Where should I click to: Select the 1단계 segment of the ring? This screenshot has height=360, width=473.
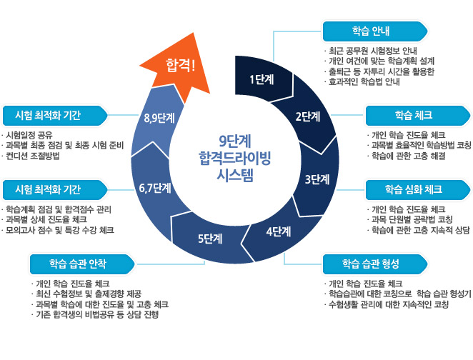[x=262, y=79]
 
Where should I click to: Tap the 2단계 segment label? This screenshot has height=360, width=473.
[x=307, y=116]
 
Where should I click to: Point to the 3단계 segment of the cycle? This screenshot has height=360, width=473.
[x=317, y=179]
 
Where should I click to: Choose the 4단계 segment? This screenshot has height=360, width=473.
[x=278, y=231]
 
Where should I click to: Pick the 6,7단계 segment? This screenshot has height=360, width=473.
[x=155, y=188]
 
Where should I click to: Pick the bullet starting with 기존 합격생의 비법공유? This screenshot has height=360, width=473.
[x=101, y=314]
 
